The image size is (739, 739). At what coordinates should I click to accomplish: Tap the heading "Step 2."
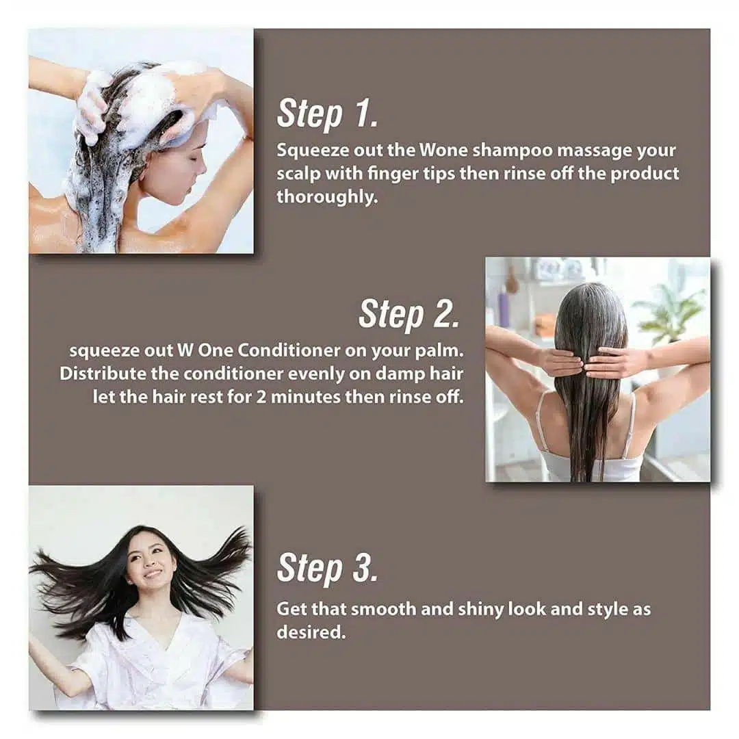click(409, 314)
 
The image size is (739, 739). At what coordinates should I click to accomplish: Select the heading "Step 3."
click(327, 568)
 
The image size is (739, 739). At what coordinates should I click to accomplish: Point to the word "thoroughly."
click(328, 197)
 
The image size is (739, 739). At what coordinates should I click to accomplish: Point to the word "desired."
click(311, 632)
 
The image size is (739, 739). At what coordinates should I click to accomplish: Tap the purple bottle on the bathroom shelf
click(504, 308)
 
